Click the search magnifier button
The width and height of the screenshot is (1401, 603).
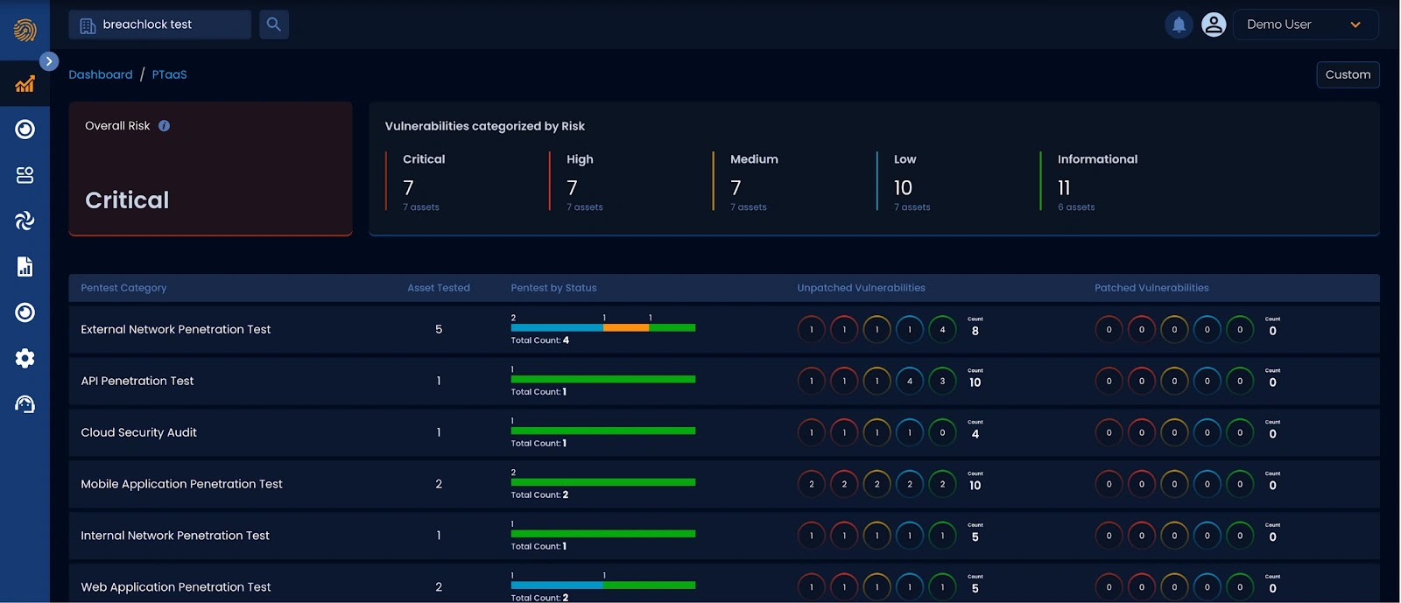(274, 25)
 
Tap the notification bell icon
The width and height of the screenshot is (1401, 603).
(1179, 25)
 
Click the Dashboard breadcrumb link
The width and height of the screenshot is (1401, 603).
(101, 74)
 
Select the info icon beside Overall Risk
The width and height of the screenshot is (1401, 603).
(164, 126)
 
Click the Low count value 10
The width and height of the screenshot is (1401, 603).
(903, 188)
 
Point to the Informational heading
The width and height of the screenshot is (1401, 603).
(1097, 159)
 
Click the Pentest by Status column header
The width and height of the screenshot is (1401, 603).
(553, 288)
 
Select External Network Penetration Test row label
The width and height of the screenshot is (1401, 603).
(176, 330)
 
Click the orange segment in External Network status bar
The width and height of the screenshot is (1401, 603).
(626, 328)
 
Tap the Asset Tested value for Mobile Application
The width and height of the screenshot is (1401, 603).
(439, 484)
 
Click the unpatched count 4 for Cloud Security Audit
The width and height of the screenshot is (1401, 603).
(975, 434)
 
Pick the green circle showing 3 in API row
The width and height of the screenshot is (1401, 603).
(942, 381)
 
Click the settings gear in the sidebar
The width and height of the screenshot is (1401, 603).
(25, 358)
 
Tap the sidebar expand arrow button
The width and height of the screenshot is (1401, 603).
(49, 61)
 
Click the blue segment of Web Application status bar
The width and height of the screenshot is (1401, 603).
(556, 585)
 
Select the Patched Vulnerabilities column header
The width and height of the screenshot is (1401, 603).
(1151, 288)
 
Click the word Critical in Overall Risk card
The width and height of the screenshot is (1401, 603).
(127, 200)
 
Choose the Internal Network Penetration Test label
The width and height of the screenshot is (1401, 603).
(175, 536)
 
